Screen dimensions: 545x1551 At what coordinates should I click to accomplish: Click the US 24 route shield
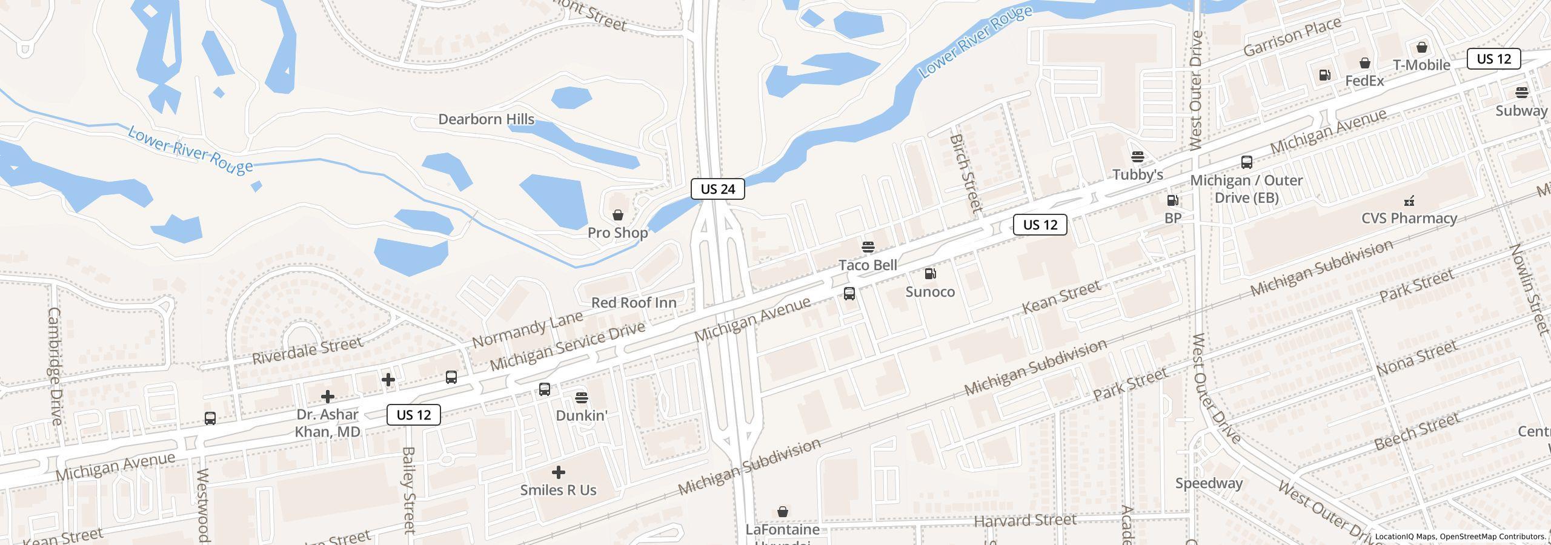(717, 189)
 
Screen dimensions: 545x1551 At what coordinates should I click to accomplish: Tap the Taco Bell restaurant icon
(868, 247)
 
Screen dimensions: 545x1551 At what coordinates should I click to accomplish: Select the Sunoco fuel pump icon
(930, 274)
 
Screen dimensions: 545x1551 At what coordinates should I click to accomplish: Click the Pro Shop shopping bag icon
(617, 215)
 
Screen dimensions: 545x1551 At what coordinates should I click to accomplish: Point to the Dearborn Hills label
(486, 119)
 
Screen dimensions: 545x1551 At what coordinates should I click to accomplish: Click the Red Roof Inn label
(634, 302)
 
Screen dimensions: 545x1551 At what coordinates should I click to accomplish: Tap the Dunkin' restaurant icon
(581, 397)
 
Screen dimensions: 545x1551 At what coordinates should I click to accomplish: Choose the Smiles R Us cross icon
(558, 472)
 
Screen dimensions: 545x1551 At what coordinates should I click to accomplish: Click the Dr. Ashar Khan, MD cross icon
(327, 397)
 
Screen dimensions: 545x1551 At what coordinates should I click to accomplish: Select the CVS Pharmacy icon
(1409, 200)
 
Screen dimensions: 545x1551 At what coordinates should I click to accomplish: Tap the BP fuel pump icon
(1172, 200)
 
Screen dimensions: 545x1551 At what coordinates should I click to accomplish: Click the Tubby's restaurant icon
(1137, 157)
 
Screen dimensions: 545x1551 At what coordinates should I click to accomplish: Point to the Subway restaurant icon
(1521, 93)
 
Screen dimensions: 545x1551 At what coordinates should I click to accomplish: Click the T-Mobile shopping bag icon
(1421, 47)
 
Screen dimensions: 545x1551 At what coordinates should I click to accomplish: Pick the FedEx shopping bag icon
(1364, 63)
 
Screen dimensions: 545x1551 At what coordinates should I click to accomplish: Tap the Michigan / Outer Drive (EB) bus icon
(1246, 162)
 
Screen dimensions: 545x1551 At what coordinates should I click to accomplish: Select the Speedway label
(1209, 483)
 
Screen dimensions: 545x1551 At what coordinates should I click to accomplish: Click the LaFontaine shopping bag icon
(782, 512)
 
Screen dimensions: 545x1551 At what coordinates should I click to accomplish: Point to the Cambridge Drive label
(54, 366)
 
